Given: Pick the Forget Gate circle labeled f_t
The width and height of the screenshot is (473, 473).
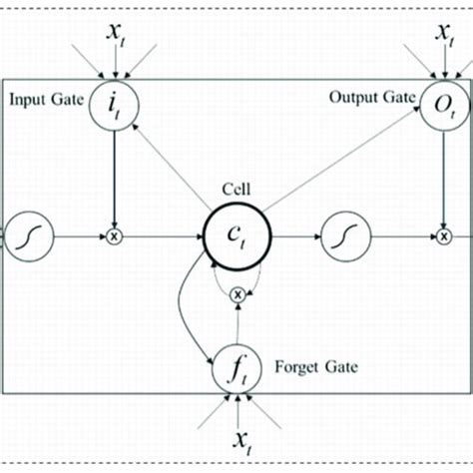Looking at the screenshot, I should pos(236,370).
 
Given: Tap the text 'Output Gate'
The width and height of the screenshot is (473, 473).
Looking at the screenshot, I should pos(372,98).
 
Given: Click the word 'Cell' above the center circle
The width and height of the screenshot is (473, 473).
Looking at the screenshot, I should pos(236,188).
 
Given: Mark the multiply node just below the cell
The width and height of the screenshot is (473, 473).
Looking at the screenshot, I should pos(236,294).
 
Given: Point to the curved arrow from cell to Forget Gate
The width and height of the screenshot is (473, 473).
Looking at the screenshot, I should pos(182,309).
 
